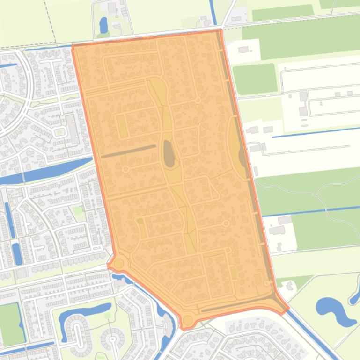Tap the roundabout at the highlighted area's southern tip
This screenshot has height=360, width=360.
(x=188, y=321)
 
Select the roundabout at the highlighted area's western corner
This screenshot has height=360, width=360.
(x=118, y=264)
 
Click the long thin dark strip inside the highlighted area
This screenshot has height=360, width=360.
(x=128, y=151)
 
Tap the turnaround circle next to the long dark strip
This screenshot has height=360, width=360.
(x=125, y=169)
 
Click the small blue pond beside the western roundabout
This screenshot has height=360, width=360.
(x=117, y=279)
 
